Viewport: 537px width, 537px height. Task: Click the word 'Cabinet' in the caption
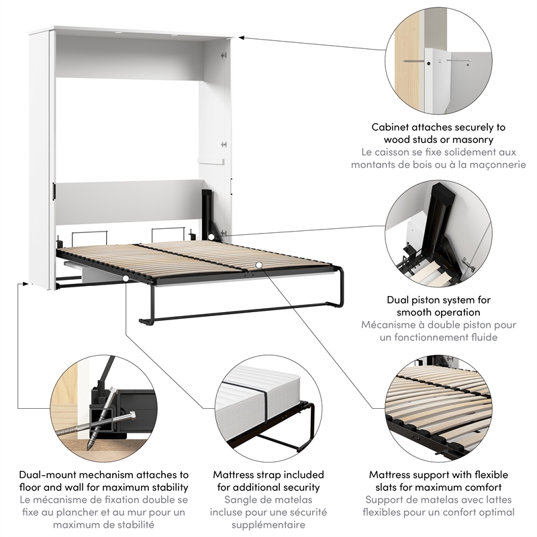coord(391,127)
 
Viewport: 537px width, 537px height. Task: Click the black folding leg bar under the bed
coord(235,312)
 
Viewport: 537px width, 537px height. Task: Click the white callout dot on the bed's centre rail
coord(258,264)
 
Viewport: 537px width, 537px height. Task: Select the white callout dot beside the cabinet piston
coord(212,236)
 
